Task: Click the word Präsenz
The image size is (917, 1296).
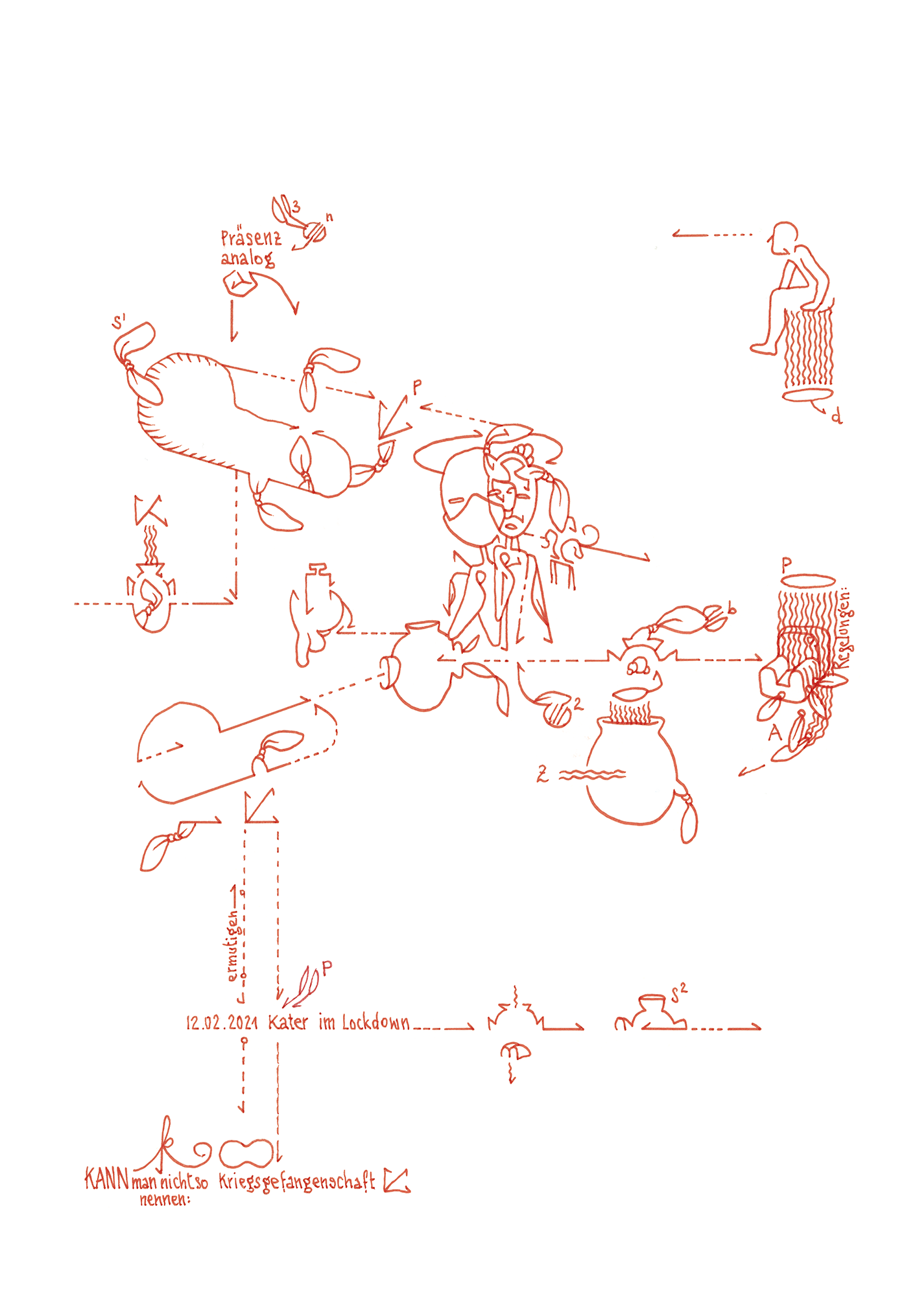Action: [x=251, y=238]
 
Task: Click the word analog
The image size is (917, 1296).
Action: [x=247, y=259]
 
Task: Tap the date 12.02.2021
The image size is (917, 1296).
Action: [x=222, y=1023]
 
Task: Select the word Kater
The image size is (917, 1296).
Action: [x=288, y=1023]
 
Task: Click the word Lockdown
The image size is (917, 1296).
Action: [x=375, y=1023]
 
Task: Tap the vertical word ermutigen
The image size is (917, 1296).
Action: [x=233, y=946]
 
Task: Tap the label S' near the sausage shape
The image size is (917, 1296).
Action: [x=119, y=322]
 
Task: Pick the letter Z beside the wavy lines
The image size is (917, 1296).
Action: [x=542, y=773]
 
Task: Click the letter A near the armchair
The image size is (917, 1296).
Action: [x=774, y=733]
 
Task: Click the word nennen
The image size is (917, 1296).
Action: [x=165, y=1199]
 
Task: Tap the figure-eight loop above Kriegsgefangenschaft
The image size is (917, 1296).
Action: [x=246, y=1153]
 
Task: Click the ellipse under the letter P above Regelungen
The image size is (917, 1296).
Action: [x=807, y=580]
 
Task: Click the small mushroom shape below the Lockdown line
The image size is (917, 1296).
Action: [x=516, y=1051]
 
